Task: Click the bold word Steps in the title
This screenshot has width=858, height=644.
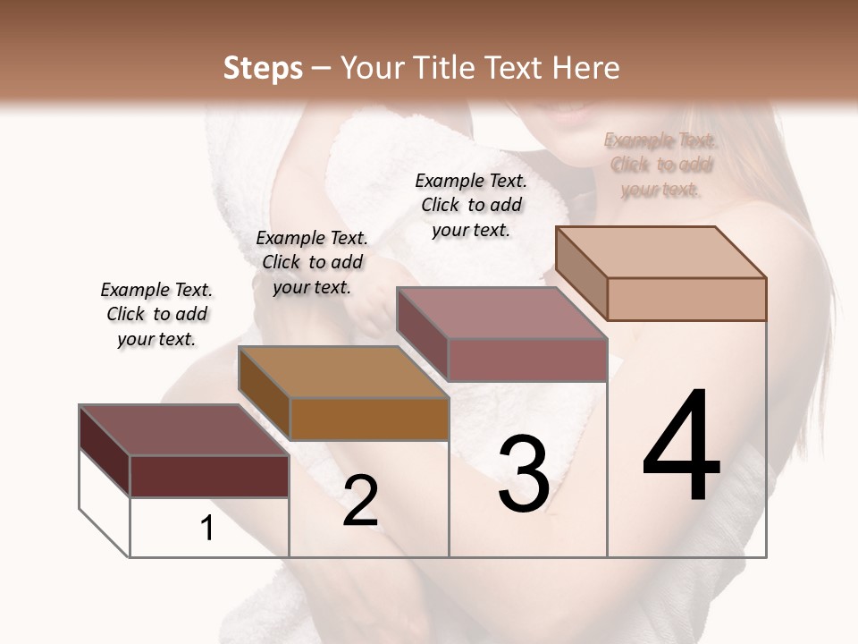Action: coord(263,68)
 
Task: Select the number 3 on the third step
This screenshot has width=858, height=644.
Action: coord(524,474)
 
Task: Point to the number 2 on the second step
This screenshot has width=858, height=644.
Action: coord(360,501)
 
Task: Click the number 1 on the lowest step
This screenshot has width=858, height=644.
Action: coord(207,529)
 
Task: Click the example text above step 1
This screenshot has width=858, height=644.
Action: coord(156,314)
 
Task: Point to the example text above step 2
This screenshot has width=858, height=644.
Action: coord(312,262)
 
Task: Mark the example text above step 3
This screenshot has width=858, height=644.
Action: coord(471,205)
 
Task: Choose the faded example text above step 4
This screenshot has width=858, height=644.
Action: coord(660,165)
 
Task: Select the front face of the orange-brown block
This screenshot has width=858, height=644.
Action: coord(369,419)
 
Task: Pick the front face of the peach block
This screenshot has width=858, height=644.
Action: coord(686,299)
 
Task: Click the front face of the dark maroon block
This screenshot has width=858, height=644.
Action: coord(209,476)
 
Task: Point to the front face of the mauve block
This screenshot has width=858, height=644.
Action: coord(527,360)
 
